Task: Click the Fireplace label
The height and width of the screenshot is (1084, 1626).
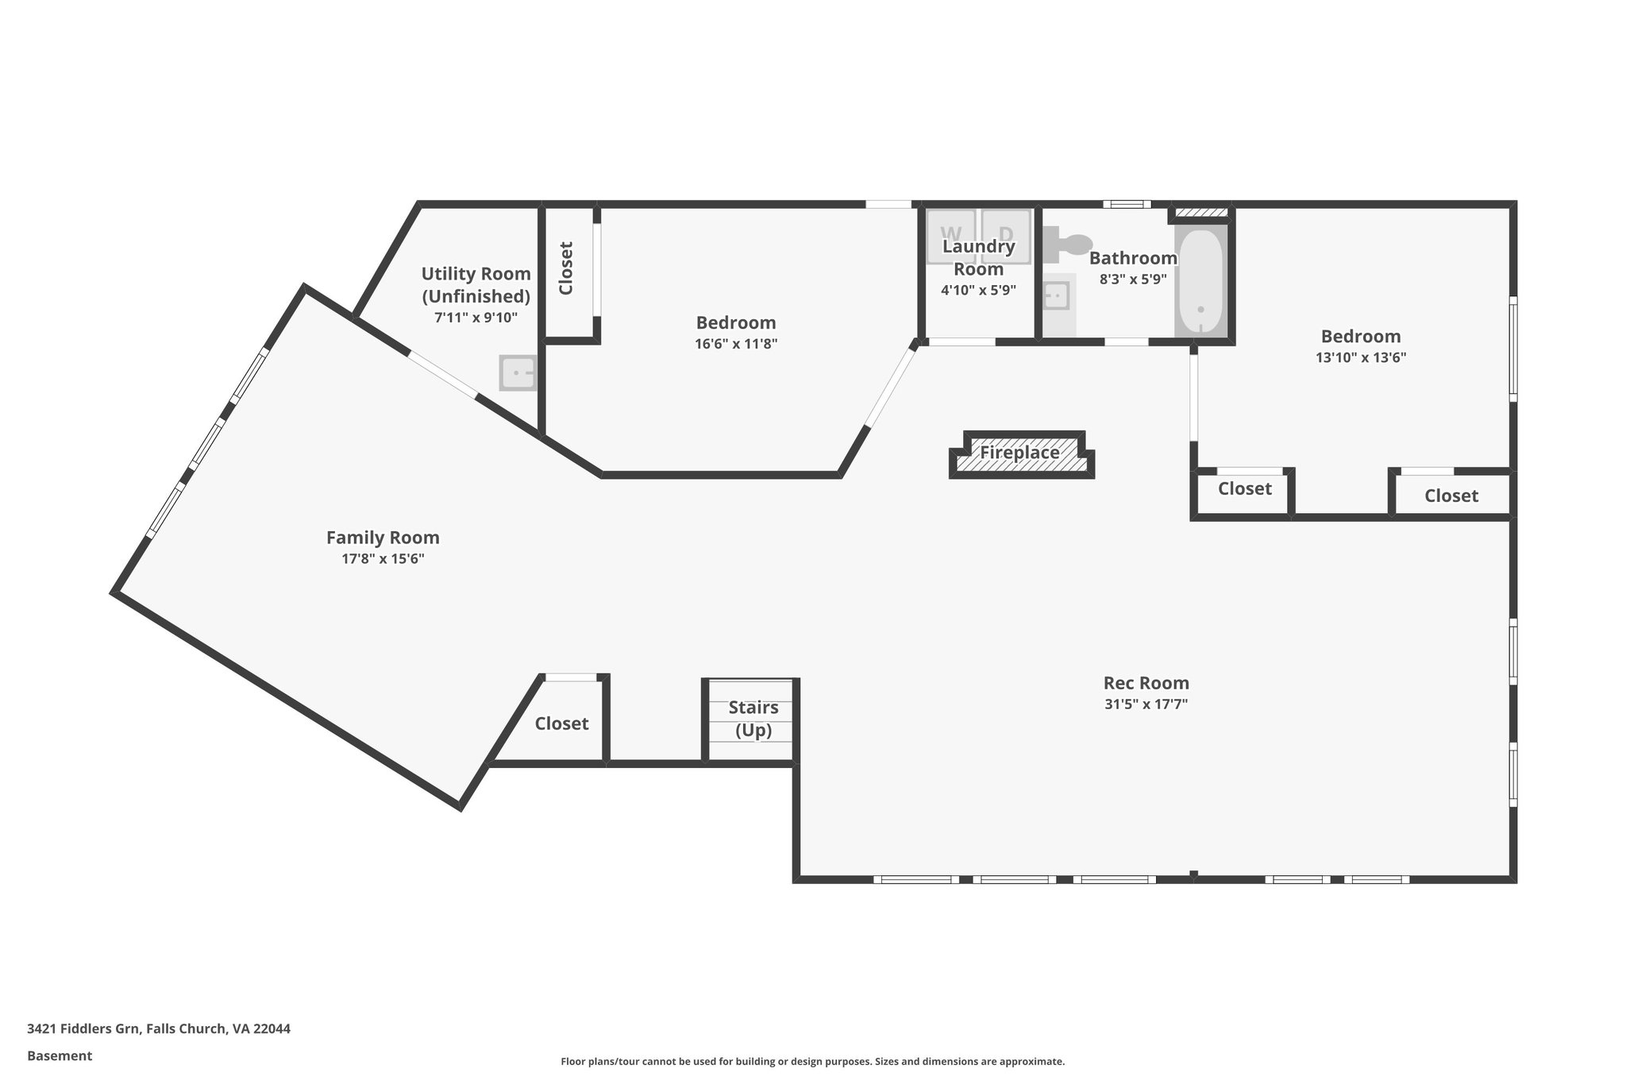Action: pos(1019,453)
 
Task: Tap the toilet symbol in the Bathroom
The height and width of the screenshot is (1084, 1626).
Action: pos(1068,244)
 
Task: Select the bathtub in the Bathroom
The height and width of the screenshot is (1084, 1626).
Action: pos(1200,283)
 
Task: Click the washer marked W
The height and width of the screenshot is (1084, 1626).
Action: pos(951,235)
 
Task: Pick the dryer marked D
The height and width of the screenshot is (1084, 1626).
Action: pos(1006,235)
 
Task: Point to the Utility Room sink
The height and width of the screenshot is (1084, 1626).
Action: pos(518,372)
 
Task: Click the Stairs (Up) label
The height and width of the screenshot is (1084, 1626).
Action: pos(753,719)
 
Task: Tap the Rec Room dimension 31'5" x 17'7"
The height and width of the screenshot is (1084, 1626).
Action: pos(1146,704)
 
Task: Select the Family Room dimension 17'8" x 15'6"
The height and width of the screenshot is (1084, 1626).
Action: pos(383,558)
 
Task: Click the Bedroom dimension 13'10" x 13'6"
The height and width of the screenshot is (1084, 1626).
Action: pos(1360,357)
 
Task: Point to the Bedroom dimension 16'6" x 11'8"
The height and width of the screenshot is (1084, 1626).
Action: pos(735,344)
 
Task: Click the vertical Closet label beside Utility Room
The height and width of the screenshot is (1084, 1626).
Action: pos(566,268)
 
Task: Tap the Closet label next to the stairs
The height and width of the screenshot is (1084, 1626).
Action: pos(561,723)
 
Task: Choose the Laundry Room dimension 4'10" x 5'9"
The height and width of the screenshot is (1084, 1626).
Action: pos(978,291)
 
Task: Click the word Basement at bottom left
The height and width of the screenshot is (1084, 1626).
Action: pos(60,1056)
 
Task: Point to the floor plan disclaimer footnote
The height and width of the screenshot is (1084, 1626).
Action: pos(812,1062)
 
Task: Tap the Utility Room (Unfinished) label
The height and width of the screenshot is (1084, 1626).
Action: pos(476,284)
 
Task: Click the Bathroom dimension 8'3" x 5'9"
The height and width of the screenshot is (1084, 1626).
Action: pos(1132,280)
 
